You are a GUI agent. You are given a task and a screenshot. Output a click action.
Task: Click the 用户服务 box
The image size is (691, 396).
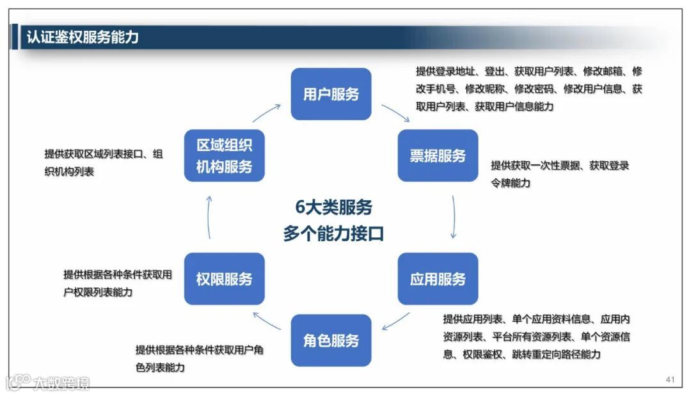click(331, 94)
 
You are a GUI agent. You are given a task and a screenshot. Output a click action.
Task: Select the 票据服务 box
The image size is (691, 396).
click(438, 155)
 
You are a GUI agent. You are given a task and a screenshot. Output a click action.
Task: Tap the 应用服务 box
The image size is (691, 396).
click(438, 279)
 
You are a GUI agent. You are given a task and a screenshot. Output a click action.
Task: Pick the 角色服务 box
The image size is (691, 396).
click(331, 340)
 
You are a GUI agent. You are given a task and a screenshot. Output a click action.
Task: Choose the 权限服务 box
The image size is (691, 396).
click(224, 279)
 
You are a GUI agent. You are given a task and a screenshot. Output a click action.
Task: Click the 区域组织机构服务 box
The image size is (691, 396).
click(224, 155)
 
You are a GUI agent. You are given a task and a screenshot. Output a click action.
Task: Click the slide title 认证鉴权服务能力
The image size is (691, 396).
click(83, 37)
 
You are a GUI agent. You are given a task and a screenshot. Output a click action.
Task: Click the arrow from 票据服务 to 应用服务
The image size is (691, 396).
click(454, 217)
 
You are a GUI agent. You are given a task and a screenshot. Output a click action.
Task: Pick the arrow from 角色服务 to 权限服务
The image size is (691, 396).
click(267, 321)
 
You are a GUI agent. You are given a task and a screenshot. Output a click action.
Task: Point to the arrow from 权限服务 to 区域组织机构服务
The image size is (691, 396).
click(209, 217)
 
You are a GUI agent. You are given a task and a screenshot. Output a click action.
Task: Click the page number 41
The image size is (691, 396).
click(670, 380)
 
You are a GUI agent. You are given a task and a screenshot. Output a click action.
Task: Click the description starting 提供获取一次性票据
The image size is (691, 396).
click(560, 174)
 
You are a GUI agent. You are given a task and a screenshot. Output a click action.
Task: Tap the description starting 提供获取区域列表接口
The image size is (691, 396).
click(103, 162)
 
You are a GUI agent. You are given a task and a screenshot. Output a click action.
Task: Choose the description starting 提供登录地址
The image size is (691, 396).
click(528, 89)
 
